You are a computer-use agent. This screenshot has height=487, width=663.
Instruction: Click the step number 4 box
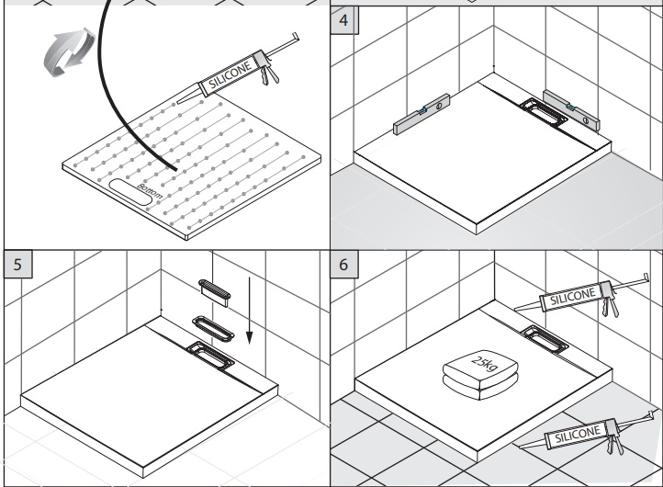pos(342,21)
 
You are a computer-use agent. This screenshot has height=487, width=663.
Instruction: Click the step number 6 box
pos(342,261)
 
